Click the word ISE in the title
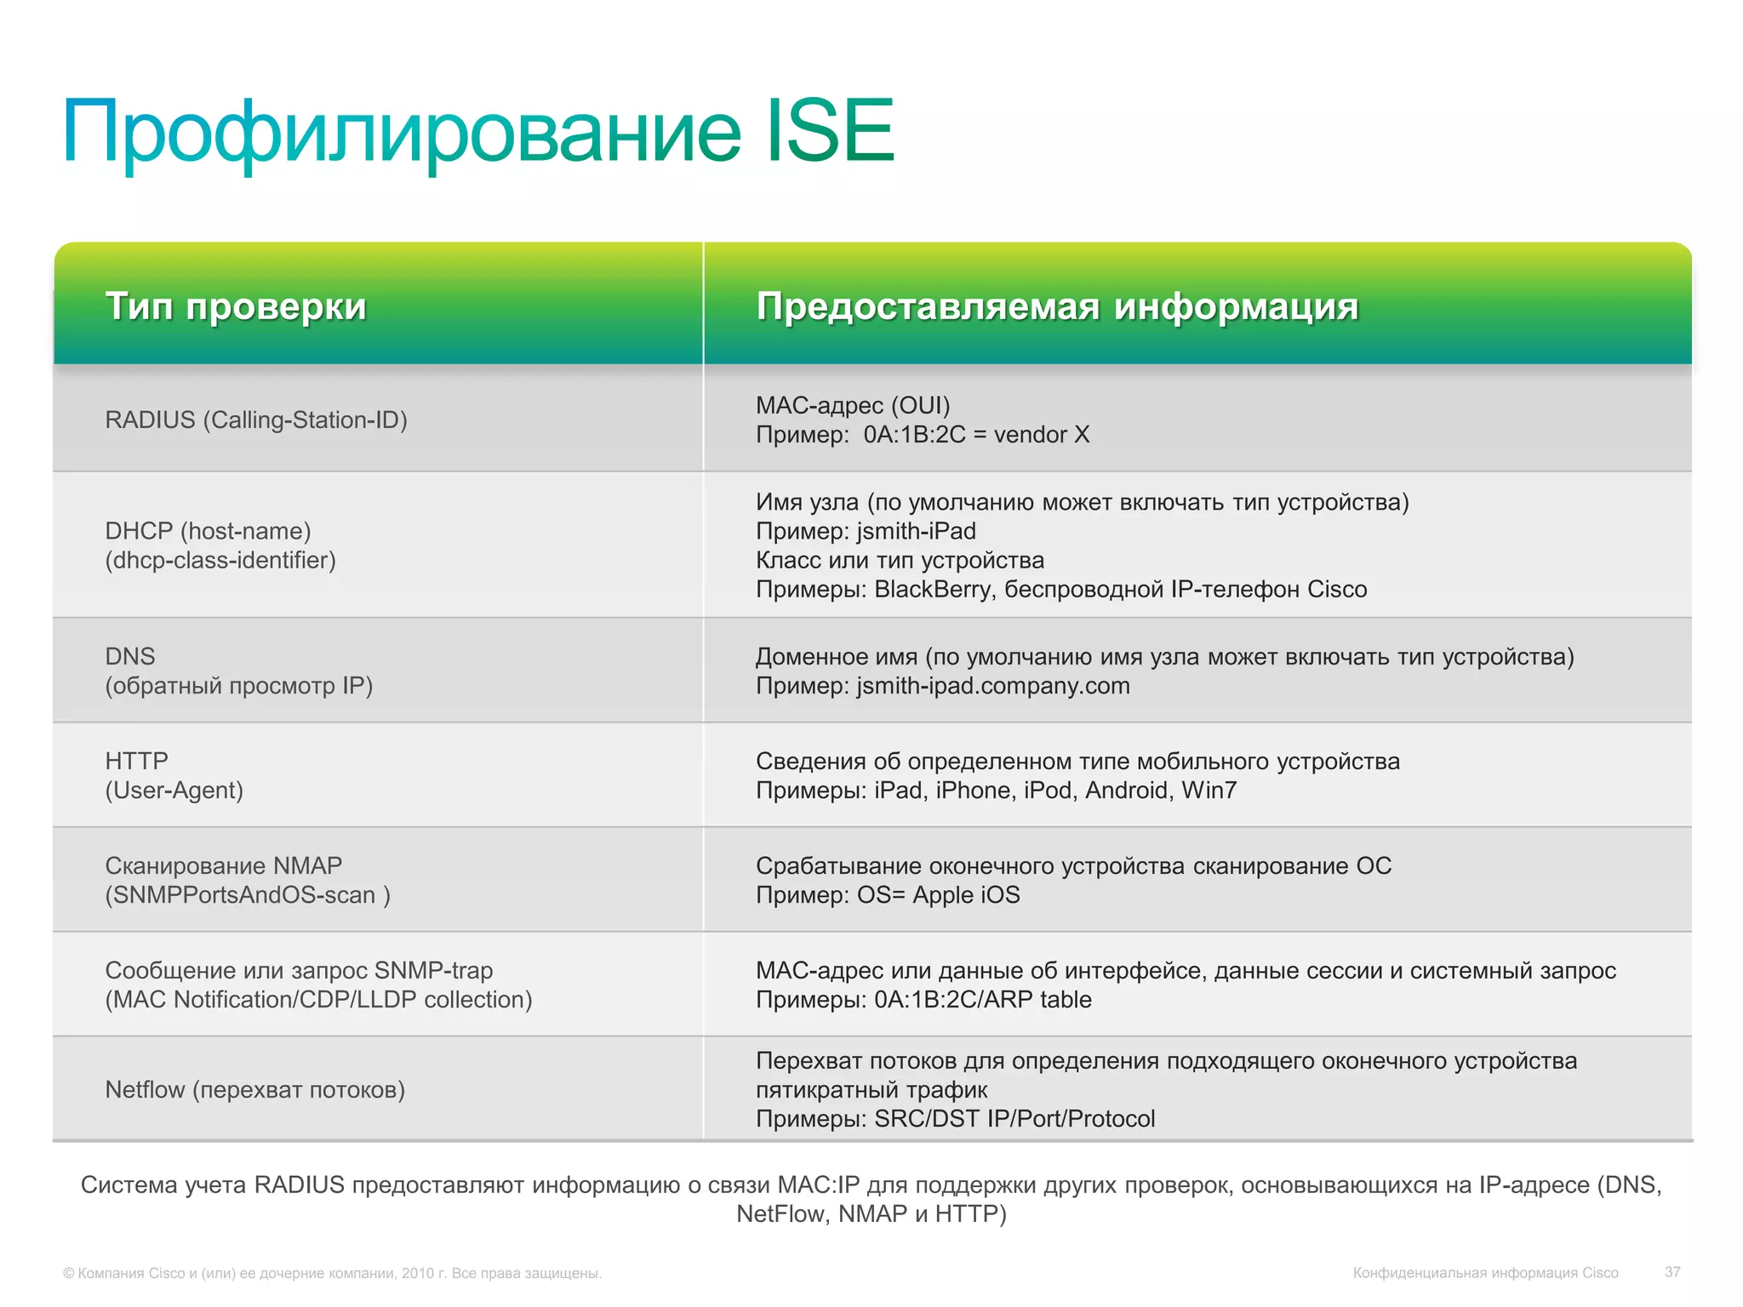coord(830,132)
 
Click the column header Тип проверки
coord(236,306)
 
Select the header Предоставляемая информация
coord(1057,306)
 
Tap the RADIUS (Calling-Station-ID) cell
coord(256,420)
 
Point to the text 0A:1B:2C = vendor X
coord(976,435)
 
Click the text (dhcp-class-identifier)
coord(220,561)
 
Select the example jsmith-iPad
coord(916,532)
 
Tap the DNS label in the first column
coord(130,657)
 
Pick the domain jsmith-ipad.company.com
coord(992,686)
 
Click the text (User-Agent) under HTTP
coord(174,790)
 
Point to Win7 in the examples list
coord(1209,790)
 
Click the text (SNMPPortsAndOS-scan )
coord(248,895)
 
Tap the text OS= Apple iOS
coord(938,895)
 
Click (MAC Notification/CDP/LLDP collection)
coord(318,1000)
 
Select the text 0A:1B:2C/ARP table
coord(982,1000)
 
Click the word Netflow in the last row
coord(145,1090)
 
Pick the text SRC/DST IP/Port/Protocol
coord(1014,1119)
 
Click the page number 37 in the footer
coord(1672,1272)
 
